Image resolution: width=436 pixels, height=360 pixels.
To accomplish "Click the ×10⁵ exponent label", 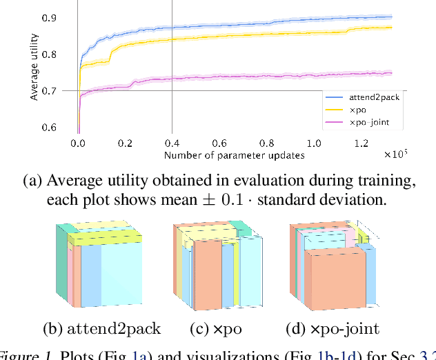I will (396, 153).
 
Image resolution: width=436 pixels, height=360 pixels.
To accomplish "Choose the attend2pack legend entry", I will (373, 97).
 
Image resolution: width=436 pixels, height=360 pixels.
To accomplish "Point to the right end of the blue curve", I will (391, 17).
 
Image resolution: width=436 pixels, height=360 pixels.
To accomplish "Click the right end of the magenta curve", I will (391, 72).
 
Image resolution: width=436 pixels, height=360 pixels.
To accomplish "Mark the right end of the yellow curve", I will (391, 28).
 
